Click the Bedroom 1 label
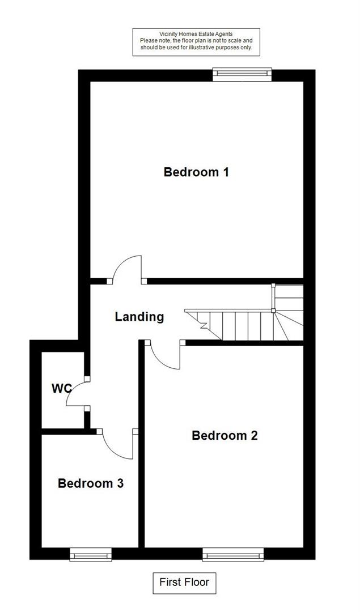(x=196, y=172)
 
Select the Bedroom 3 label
(x=91, y=483)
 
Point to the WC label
(x=61, y=389)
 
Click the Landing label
(x=139, y=317)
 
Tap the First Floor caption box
(x=184, y=582)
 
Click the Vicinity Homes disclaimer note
(x=197, y=42)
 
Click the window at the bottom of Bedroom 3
(x=91, y=554)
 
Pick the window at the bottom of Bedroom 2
(x=233, y=554)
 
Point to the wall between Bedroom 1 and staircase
(x=227, y=280)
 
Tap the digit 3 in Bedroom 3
(x=120, y=483)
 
